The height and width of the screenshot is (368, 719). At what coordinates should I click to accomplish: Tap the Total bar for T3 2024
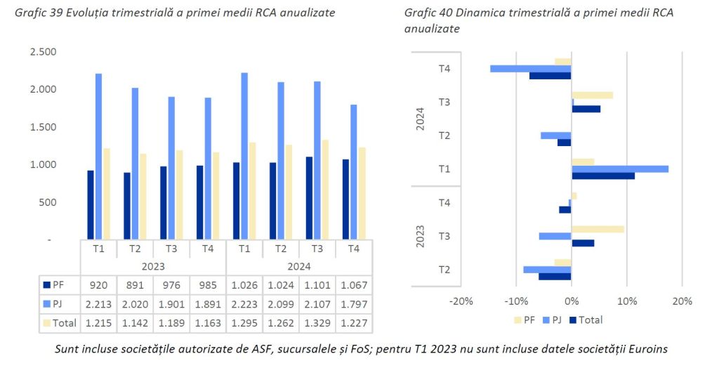tap(324, 190)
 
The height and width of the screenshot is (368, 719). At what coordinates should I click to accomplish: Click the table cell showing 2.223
tap(244, 304)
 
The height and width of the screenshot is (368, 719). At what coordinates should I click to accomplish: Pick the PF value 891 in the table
tap(135, 285)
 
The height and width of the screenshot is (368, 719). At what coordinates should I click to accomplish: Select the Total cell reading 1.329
tap(317, 323)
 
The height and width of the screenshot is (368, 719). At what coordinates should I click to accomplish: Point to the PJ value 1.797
tap(354, 304)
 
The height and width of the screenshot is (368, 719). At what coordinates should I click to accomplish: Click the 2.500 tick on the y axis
tap(43, 52)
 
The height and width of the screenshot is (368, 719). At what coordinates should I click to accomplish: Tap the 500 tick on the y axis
tap(47, 202)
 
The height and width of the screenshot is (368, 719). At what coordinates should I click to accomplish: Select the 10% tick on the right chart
tap(626, 301)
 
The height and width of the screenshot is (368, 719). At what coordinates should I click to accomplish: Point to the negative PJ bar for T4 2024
tap(530, 69)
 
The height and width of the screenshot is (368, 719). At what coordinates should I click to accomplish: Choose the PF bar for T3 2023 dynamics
tap(598, 229)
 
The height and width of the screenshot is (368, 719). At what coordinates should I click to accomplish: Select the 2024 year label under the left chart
tap(299, 267)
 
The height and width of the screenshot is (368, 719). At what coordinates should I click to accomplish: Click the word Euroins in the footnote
tap(644, 349)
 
